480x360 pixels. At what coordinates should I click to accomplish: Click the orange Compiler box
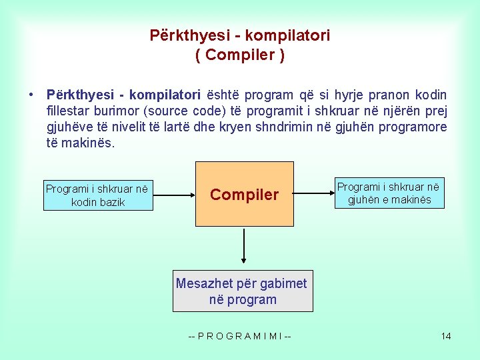pyautogui.click(x=244, y=195)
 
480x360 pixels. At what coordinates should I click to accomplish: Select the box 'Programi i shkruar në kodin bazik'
pyautogui.click(x=98, y=195)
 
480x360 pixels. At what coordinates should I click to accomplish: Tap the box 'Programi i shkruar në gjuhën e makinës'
pyautogui.click(x=389, y=193)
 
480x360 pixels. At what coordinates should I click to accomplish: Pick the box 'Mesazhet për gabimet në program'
pyautogui.click(x=243, y=291)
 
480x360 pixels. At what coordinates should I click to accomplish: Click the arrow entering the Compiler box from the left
pyautogui.click(x=174, y=195)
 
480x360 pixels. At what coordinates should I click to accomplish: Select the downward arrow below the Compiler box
pyautogui.click(x=245, y=246)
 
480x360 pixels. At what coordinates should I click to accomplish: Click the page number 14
pyautogui.click(x=445, y=336)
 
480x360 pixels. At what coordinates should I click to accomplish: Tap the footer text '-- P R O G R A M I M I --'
pyautogui.click(x=240, y=336)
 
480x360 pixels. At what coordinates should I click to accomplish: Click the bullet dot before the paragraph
pyautogui.click(x=31, y=95)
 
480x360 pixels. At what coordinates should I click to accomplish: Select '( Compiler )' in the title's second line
pyautogui.click(x=240, y=55)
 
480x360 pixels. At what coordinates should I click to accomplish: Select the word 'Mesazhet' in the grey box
pyautogui.click(x=204, y=283)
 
